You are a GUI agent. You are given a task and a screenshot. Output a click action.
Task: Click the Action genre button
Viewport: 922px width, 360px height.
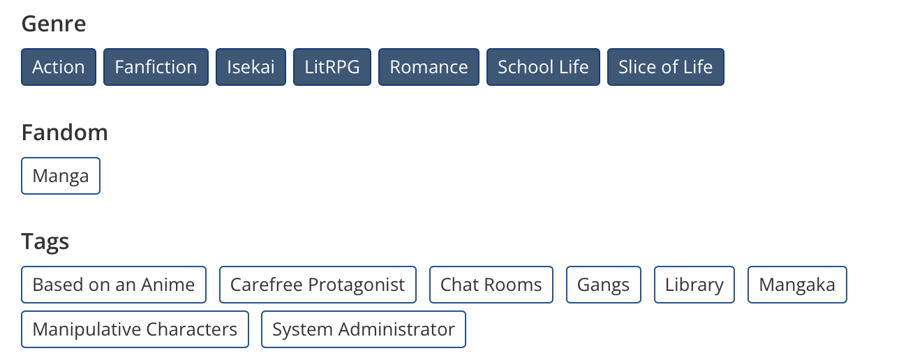[59, 67]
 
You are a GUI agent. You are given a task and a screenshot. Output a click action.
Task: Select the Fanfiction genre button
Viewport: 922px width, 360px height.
[156, 67]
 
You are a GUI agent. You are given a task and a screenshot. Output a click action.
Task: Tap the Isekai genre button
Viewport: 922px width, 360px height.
[251, 67]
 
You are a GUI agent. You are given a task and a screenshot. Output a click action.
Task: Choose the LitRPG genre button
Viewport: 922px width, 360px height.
[332, 67]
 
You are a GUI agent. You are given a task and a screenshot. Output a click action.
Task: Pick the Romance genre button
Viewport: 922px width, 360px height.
[429, 67]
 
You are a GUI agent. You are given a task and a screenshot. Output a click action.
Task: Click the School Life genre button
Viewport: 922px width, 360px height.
[543, 67]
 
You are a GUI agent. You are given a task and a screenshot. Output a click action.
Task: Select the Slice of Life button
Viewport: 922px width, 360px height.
[666, 67]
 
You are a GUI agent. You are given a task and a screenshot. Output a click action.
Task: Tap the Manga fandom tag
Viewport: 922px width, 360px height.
[61, 176]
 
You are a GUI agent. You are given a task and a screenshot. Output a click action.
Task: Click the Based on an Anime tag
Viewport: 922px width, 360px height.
[114, 285]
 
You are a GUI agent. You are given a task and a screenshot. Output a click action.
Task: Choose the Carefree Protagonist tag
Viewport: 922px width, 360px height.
[318, 285]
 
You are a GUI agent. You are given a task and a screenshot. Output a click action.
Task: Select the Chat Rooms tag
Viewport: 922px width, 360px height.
[491, 285]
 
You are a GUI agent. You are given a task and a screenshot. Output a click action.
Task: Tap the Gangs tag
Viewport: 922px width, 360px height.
[604, 285]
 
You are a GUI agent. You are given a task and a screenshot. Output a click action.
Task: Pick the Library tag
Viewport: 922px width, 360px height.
[694, 285]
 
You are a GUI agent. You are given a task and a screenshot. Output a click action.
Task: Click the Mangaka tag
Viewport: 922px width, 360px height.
[797, 285]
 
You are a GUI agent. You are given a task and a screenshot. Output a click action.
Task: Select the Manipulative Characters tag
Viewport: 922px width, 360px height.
[135, 329]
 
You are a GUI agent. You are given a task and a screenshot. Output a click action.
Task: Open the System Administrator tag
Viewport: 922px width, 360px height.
[364, 329]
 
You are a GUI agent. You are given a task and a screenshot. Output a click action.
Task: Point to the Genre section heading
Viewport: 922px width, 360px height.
[54, 24]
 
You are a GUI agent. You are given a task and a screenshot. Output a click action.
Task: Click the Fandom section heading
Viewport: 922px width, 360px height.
[65, 133]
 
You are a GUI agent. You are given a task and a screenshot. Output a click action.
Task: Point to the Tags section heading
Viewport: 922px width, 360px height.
[45, 241]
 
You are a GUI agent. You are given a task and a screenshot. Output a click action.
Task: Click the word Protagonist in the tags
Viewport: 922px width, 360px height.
[357, 285]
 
